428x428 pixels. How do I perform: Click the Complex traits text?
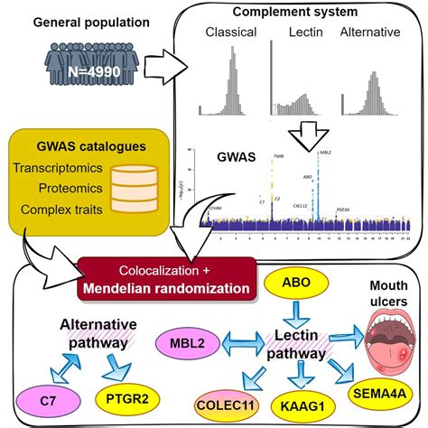click(x=60, y=208)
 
